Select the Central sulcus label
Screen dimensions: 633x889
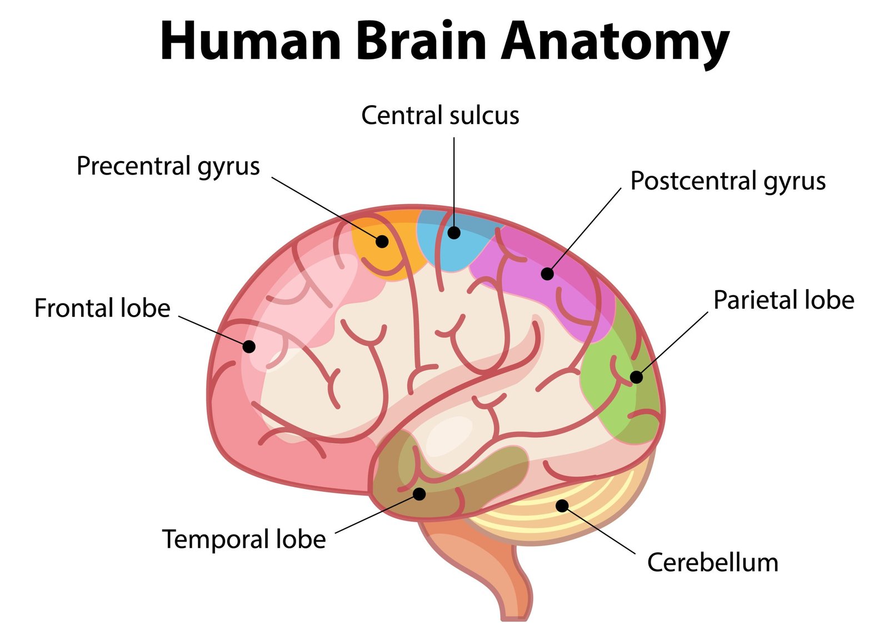point(440,116)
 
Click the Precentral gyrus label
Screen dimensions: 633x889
point(168,166)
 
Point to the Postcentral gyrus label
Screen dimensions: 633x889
point(728,181)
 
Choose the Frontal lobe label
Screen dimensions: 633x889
point(102,308)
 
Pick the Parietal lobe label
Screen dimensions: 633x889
point(783,300)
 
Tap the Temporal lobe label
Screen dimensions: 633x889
point(243,539)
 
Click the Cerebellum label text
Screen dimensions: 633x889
point(712,562)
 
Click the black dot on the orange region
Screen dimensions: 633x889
point(382,241)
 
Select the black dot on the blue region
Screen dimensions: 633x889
point(454,232)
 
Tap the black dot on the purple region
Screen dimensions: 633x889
point(547,273)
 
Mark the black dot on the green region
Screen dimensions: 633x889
point(636,377)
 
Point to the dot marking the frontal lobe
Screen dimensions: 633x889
point(249,346)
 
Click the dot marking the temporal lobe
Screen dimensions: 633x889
point(419,494)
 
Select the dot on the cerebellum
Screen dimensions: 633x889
point(562,505)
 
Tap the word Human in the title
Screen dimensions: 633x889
point(251,42)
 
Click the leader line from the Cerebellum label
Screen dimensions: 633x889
point(600,530)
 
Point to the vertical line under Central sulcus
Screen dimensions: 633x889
point(454,178)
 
